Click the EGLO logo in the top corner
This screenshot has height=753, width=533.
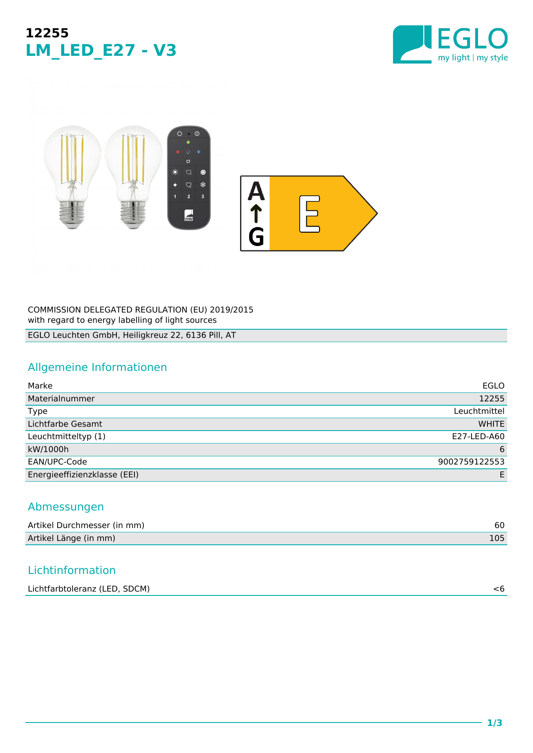(450, 44)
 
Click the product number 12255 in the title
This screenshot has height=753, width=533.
(47, 33)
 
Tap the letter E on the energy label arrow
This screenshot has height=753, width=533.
(310, 214)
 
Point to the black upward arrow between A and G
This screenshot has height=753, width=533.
(256, 214)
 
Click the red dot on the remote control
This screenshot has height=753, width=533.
(178, 152)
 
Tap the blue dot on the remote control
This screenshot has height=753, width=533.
(198, 152)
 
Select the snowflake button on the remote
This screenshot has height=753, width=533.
(203, 185)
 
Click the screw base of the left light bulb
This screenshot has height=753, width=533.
(72, 215)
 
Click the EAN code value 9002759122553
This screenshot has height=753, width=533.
(471, 462)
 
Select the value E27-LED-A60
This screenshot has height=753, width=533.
(478, 437)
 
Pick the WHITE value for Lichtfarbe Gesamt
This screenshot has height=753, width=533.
(491, 424)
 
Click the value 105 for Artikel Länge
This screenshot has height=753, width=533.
(496, 538)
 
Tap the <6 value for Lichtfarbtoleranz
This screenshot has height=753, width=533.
(498, 589)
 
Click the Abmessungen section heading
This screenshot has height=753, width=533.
(66, 507)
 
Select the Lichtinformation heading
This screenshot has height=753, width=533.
(72, 571)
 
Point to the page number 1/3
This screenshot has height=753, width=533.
(494, 723)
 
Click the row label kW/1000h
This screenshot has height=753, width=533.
(48, 449)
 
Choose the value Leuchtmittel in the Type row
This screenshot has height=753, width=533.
(478, 411)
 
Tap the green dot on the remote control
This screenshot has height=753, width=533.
(188, 142)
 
